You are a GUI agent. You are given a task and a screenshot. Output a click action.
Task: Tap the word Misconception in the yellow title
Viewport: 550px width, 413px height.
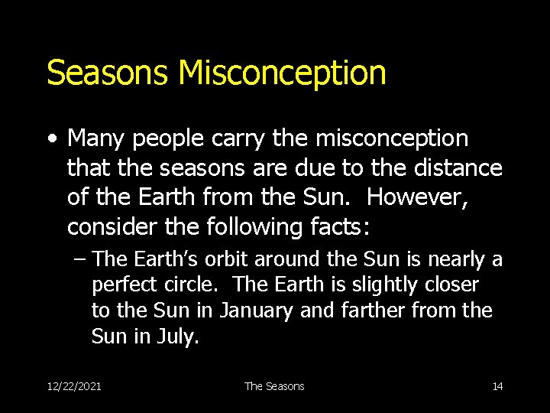[282, 73]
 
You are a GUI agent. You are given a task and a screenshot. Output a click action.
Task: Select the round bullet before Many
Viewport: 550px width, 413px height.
[51, 139]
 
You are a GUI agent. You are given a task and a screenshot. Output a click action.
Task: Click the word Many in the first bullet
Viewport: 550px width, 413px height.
[95, 139]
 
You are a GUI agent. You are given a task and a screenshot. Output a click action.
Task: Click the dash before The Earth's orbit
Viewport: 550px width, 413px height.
[79, 261]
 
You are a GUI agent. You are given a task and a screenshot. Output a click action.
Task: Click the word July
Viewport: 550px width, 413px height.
[180, 337]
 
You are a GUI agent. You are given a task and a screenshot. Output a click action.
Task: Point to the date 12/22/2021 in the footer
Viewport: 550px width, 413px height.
[74, 386]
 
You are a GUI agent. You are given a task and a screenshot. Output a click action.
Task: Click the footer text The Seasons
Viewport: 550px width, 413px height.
[274, 386]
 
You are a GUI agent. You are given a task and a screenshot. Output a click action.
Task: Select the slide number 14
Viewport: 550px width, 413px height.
[497, 386]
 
